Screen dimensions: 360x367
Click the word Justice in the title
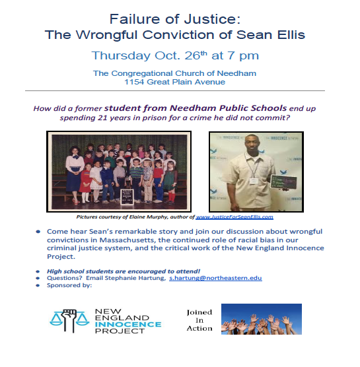click(212, 19)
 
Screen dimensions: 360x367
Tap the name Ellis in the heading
click(291, 34)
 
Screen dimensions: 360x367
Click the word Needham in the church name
click(236, 73)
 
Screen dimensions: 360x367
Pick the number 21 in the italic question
click(102, 117)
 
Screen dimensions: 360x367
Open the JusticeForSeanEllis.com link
click(234, 217)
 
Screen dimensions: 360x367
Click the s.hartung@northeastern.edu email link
click(215, 278)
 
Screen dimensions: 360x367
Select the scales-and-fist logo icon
click(69, 320)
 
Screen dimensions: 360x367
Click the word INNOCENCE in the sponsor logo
click(128, 324)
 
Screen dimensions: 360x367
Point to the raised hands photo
click(262, 319)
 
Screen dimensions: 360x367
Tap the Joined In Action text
click(199, 320)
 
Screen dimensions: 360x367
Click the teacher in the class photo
click(75, 174)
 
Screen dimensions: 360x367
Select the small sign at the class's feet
click(127, 197)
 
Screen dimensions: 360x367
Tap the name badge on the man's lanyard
click(254, 181)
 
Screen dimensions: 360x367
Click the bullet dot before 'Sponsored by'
click(38, 285)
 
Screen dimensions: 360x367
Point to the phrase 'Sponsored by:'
click(69, 285)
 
